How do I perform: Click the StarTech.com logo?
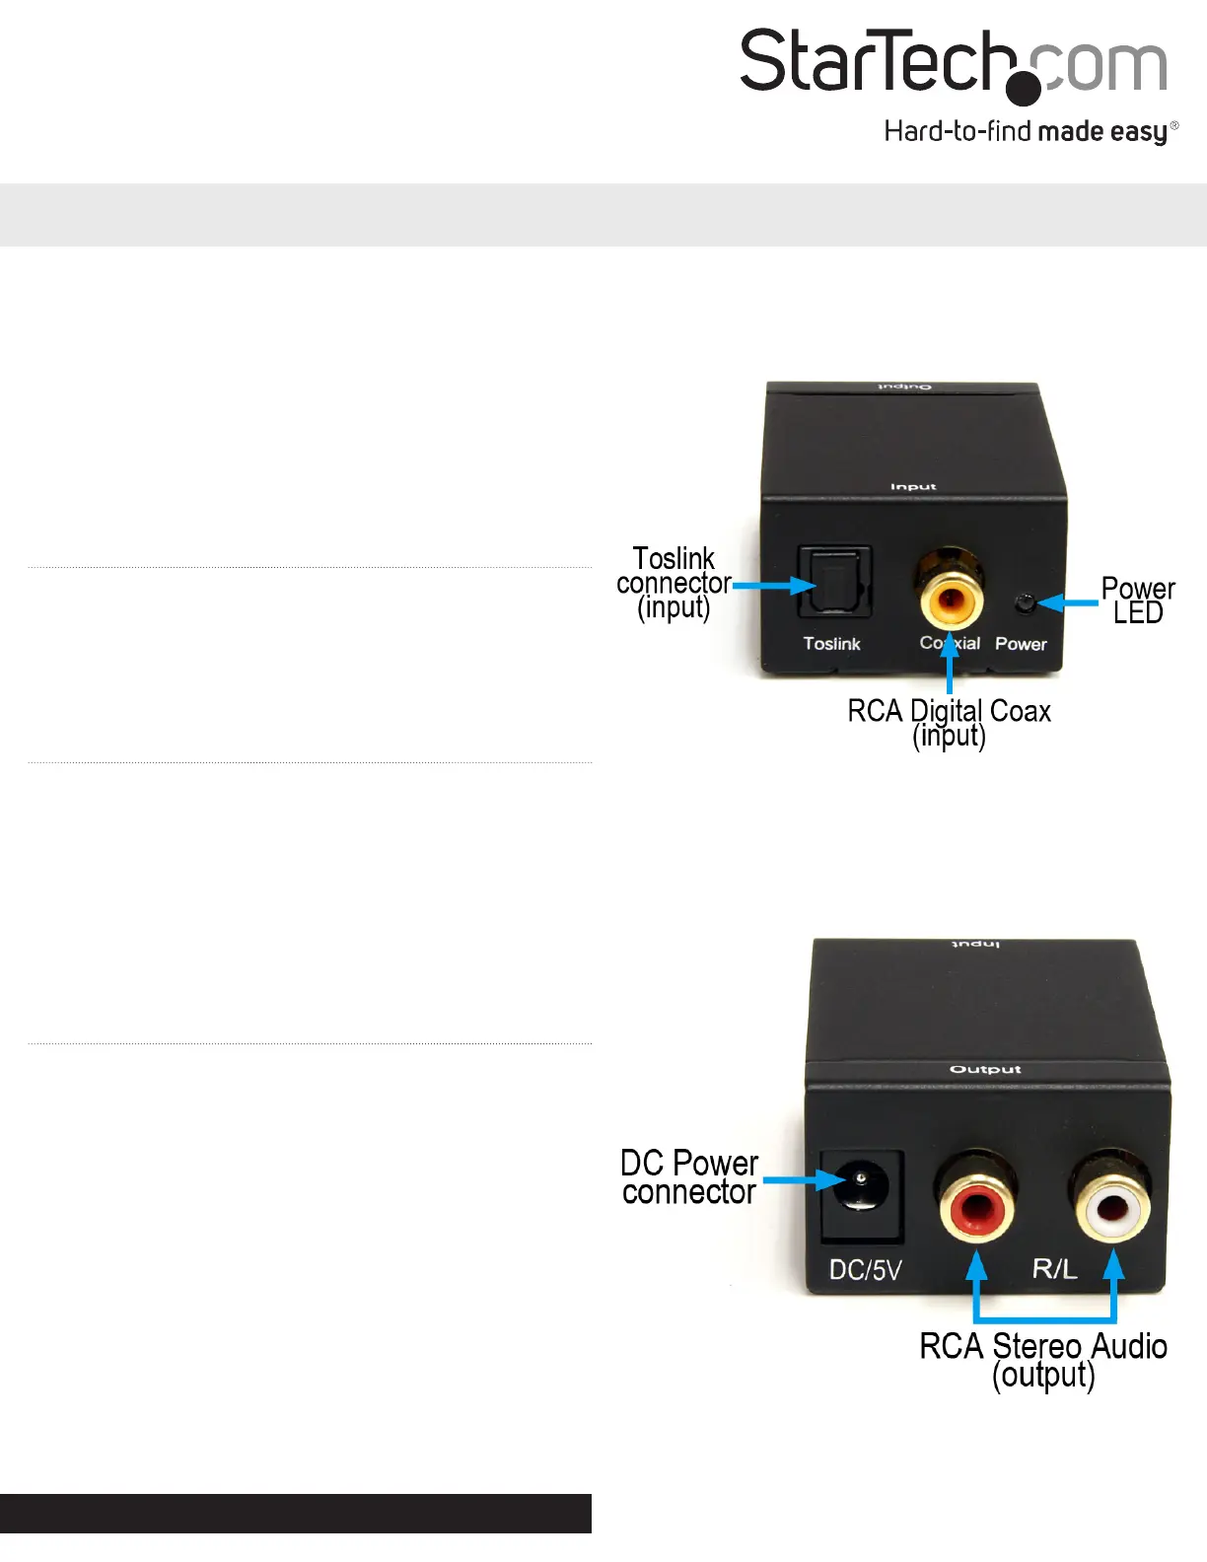(953, 65)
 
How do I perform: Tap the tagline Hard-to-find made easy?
(1029, 131)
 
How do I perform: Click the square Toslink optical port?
(831, 584)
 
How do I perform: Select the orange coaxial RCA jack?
(951, 598)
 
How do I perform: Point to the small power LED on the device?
(1026, 603)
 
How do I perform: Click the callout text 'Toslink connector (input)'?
(674, 583)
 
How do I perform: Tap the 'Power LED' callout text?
(1138, 601)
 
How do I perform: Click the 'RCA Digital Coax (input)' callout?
(949, 723)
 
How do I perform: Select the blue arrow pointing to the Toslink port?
(775, 585)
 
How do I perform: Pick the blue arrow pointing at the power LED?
(1069, 602)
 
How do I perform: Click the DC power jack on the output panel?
(861, 1183)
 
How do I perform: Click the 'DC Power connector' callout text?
(689, 1177)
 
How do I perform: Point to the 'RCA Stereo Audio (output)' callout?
(1043, 1360)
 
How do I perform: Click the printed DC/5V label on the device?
(865, 1270)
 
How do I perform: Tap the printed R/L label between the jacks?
(1054, 1268)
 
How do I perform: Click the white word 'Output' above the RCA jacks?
(985, 1069)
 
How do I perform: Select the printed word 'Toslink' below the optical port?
(831, 644)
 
